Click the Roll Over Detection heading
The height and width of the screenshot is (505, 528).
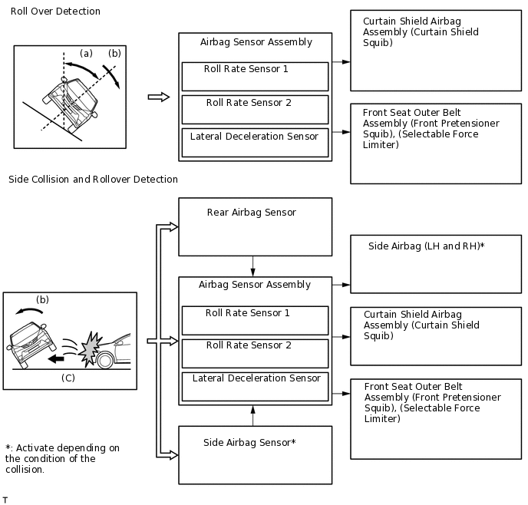pos(55,12)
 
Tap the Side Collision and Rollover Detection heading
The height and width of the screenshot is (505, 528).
pos(93,180)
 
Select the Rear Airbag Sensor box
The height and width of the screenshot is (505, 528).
pos(255,226)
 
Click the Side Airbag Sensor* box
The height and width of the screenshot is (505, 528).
pos(255,454)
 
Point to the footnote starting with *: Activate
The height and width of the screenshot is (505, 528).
pos(62,458)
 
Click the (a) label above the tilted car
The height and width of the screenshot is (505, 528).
pos(87,53)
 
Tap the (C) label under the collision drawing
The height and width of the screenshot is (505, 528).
pos(68,378)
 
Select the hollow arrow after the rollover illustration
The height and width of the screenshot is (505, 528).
pos(158,97)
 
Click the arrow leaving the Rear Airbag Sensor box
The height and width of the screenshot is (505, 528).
pos(252,266)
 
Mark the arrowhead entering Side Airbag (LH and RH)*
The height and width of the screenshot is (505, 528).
pos(345,285)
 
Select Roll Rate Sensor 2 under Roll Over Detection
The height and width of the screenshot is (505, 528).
pos(255,109)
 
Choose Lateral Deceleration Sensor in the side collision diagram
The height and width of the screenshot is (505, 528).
pos(255,385)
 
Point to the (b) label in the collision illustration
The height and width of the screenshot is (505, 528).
pos(42,300)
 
